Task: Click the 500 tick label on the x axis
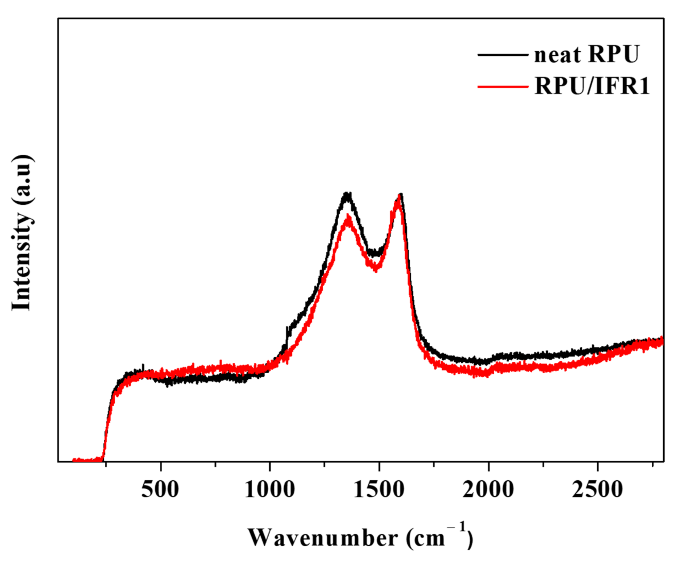(x=160, y=490)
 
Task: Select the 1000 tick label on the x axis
(x=270, y=490)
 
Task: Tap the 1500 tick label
(x=379, y=490)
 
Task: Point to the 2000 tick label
(x=488, y=490)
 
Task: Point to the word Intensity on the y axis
(x=22, y=261)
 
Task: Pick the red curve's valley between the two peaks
(x=376, y=269)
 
